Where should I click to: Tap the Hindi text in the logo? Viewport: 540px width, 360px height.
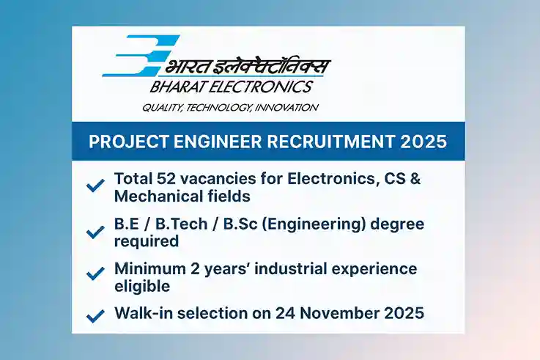point(249,66)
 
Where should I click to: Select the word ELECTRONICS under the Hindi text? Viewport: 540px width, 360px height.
point(265,87)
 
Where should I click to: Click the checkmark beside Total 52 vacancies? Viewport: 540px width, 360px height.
point(95,186)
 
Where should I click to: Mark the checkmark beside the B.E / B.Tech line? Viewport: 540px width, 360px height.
point(95,232)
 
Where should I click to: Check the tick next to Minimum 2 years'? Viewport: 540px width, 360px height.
point(95,273)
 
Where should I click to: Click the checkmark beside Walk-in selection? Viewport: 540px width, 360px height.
point(95,316)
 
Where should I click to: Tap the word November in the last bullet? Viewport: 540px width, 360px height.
point(336,313)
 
